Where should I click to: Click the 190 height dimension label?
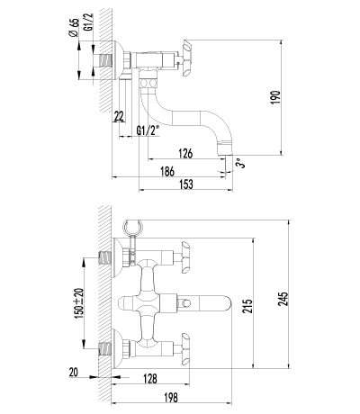pos(275,97)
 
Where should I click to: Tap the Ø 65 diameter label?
pos(74,27)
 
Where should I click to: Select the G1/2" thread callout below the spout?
pos(148,130)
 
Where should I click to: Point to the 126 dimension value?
pos(185,153)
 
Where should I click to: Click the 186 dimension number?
pos(167,172)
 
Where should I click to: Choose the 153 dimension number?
pos(186,184)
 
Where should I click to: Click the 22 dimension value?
pos(119,116)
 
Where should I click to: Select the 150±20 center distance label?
pos(78,303)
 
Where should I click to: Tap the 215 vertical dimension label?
pos(247,306)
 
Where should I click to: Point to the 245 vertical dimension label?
pos(283,299)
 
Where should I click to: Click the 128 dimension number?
pos(150,379)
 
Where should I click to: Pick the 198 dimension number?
pos(171,398)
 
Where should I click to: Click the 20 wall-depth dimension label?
pos(74,373)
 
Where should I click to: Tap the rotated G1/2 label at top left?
pos(89,22)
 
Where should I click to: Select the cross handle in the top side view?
pos(186,58)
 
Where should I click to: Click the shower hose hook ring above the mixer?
pos(133,228)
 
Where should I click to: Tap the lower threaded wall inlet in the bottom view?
pos(105,349)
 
